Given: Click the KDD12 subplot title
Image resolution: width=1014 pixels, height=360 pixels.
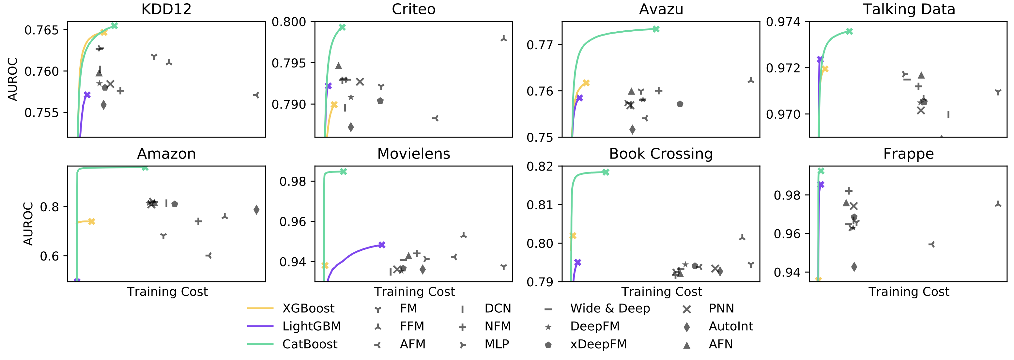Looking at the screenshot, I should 166,9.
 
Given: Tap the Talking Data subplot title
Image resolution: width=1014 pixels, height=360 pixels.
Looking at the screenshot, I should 909,9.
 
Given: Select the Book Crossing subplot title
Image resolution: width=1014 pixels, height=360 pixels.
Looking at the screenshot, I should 661,154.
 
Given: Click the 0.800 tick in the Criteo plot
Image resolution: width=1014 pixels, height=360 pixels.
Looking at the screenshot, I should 289,22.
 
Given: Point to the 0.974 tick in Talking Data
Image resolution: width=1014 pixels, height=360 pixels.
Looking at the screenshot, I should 783,22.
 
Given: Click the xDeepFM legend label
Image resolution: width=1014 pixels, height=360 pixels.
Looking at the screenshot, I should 598,344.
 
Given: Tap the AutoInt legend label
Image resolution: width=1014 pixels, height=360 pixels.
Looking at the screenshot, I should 730,326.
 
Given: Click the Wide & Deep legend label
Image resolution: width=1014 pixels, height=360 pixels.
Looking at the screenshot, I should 610,308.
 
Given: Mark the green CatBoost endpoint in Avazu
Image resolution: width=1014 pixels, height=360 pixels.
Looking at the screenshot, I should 656,29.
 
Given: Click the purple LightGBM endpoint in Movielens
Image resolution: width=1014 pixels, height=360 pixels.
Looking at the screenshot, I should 381,245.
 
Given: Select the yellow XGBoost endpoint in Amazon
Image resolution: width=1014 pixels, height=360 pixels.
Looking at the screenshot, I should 91,221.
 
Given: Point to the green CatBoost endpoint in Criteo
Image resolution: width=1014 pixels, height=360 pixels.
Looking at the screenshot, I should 342,27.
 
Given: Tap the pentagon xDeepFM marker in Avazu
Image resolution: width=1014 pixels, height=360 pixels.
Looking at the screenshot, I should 680,104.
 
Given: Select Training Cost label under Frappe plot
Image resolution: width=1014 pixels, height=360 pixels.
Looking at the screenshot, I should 909,292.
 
